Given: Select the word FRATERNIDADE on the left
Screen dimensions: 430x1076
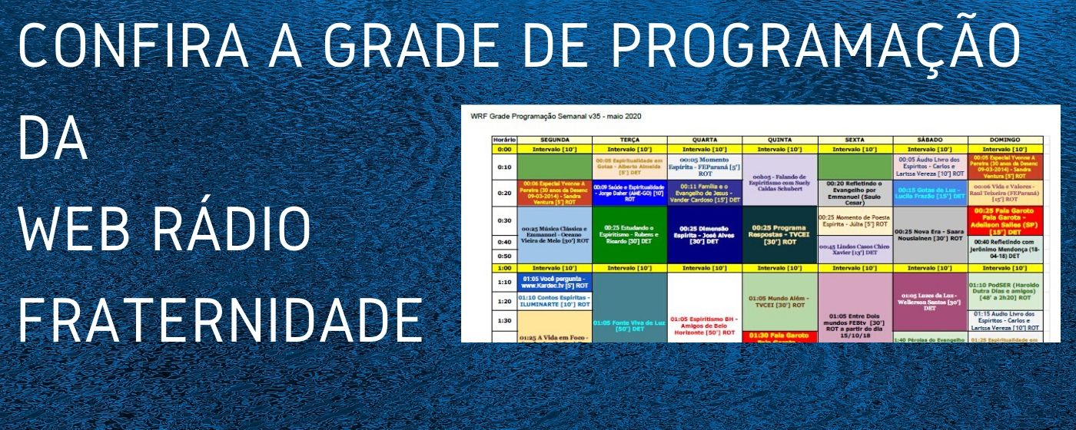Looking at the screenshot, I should click(x=220, y=320).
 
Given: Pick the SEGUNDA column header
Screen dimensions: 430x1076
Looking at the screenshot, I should click(x=554, y=140).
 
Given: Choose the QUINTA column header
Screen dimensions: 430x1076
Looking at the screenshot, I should click(x=779, y=140).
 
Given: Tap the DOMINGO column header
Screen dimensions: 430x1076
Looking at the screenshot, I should click(x=1005, y=140).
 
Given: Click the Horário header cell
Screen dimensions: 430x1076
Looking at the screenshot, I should click(x=504, y=140).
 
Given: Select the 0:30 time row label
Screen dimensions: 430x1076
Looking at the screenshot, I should click(x=504, y=221).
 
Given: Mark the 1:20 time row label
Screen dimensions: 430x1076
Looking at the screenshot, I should click(x=504, y=302).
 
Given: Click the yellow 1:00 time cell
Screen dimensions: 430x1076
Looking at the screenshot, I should click(x=504, y=268).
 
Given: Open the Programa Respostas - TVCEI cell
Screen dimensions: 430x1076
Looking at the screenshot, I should click(x=779, y=234).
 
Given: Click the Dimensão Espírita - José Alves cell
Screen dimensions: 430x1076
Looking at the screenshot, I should click(x=705, y=234).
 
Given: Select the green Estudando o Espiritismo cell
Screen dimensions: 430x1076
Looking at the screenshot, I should click(x=630, y=234).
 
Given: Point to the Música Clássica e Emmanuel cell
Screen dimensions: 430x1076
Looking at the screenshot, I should click(x=554, y=234).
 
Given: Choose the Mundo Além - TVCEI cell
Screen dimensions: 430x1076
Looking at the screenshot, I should click(x=779, y=303).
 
